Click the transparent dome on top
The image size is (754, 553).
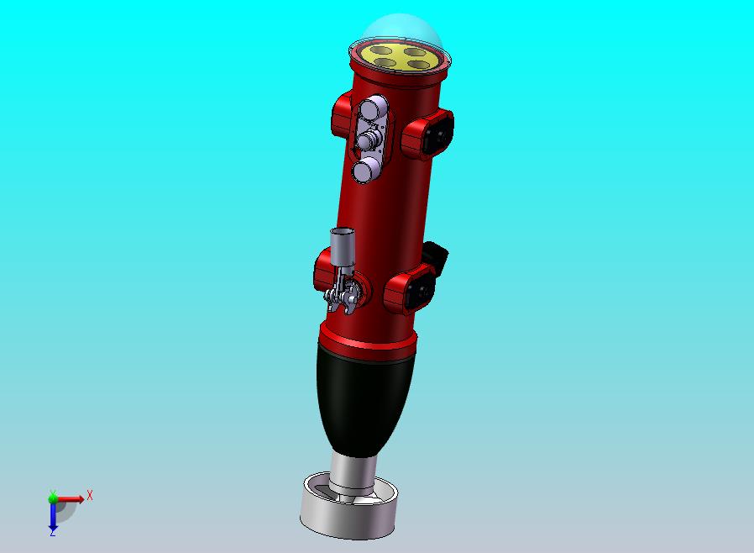coord(401,29)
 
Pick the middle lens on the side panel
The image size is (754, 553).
coord(369,140)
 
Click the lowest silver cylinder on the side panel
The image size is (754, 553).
coord(366,171)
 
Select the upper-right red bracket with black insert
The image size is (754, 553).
coord(429,132)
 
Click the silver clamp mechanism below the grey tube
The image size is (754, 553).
coord(344,293)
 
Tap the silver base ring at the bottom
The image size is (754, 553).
coord(348,517)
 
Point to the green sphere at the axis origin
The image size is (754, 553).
coord(53,498)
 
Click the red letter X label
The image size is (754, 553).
coord(90,495)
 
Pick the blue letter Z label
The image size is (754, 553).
coord(52,532)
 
